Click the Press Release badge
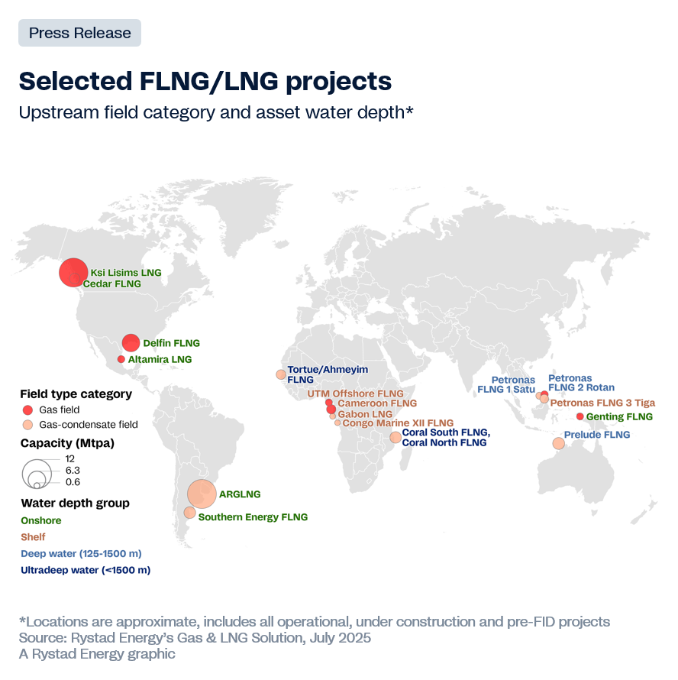tap(79, 33)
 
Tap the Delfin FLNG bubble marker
tap(131, 343)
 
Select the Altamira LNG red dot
tap(121, 359)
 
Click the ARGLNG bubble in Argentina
tap(202, 494)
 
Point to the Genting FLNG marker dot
tap(580, 416)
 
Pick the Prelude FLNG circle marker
tap(559, 443)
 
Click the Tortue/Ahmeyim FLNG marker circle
tap(281, 374)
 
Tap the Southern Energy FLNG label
tap(253, 517)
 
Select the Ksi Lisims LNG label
tap(126, 272)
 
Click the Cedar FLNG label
tap(112, 283)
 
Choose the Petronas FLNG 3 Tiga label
tap(602, 403)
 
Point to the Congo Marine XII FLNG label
tap(398, 423)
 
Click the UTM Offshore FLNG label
tap(356, 393)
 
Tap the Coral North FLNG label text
tap(444, 442)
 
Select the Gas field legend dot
tap(27, 410)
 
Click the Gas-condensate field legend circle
tap(27, 425)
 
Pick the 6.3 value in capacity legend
tap(73, 470)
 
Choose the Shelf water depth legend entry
tap(33, 537)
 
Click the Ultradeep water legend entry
tap(86, 570)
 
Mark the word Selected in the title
tap(76, 81)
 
